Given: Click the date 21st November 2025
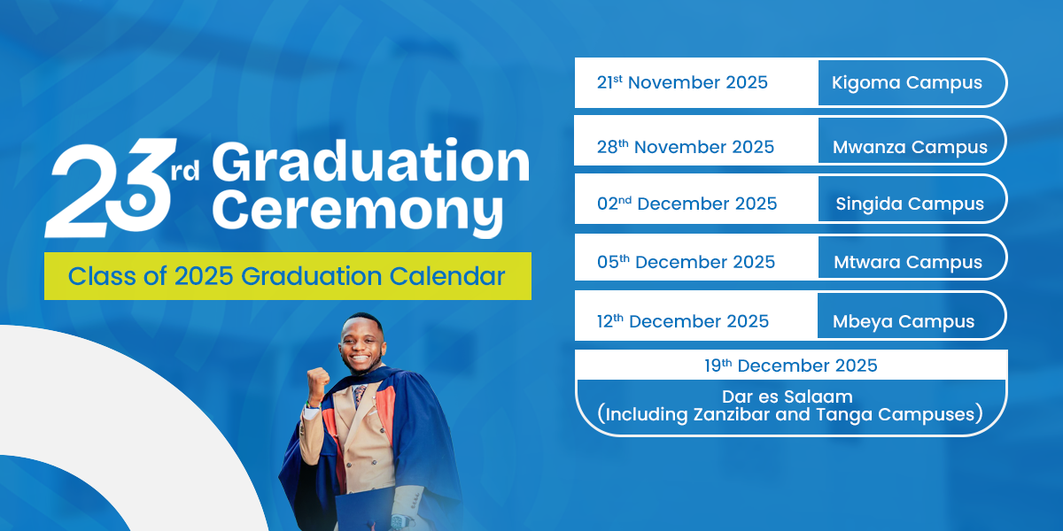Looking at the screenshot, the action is click(x=682, y=82).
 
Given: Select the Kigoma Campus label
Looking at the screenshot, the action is click(x=907, y=83).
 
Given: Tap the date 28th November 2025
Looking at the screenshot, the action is click(x=686, y=147).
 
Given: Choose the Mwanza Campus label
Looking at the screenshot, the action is click(x=910, y=148).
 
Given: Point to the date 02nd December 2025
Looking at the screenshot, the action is click(x=687, y=204).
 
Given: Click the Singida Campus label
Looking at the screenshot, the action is click(x=910, y=204).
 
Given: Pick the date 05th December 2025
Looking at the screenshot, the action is click(x=686, y=262).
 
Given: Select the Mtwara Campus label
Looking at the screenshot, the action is click(x=908, y=262).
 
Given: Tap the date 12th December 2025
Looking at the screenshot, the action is click(x=682, y=321).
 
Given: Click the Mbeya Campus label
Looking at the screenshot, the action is click(x=904, y=322).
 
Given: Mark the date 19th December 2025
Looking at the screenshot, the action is click(x=790, y=366).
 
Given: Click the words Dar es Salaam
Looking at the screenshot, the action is click(x=788, y=396).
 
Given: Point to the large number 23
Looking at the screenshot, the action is click(x=108, y=189).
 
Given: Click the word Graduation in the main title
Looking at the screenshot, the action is click(x=370, y=161).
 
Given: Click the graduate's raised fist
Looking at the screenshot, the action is click(x=317, y=381).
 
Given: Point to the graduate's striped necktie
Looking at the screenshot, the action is click(x=360, y=396).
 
